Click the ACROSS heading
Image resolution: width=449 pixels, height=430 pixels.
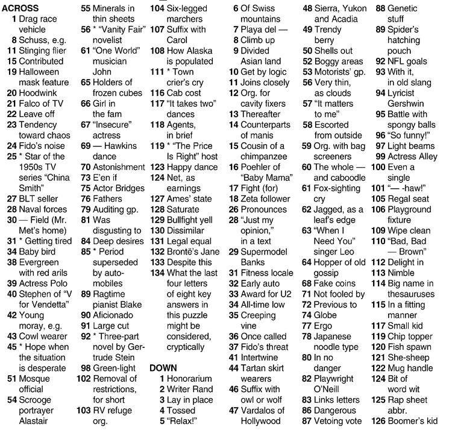[x=20, y=8]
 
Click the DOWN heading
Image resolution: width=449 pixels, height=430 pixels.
[x=163, y=367]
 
